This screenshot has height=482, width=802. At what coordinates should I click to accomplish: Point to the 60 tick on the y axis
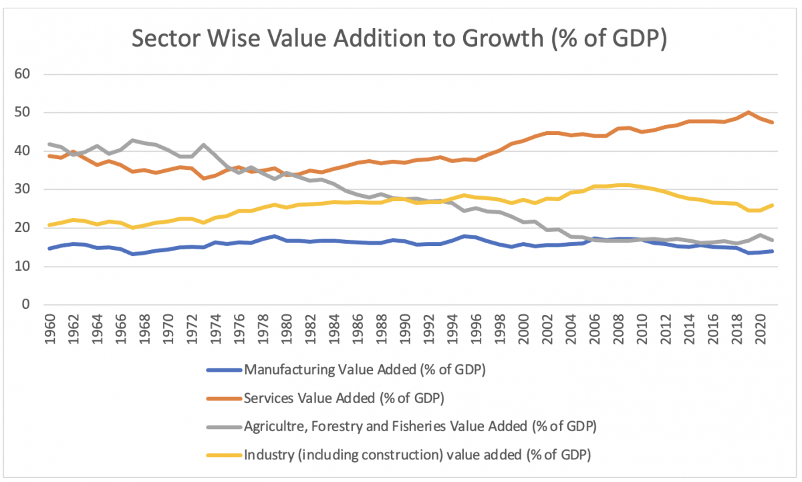pos(23,74)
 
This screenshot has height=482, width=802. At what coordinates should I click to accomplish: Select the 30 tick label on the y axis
pos(23,190)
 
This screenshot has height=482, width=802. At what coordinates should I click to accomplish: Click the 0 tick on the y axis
pos(27,305)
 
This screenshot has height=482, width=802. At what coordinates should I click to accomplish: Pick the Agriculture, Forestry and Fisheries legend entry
pos(420,426)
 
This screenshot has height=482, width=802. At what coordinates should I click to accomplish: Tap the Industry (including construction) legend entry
pos(418,455)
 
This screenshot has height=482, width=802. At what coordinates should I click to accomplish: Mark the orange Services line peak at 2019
pos(749,112)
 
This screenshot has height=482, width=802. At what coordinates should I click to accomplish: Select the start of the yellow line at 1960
pos(49,225)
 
